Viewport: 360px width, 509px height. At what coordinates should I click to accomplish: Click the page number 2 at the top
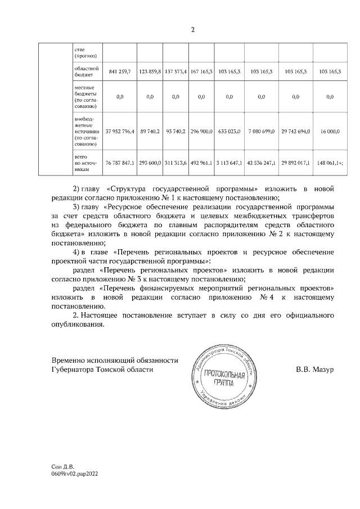[192, 30]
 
